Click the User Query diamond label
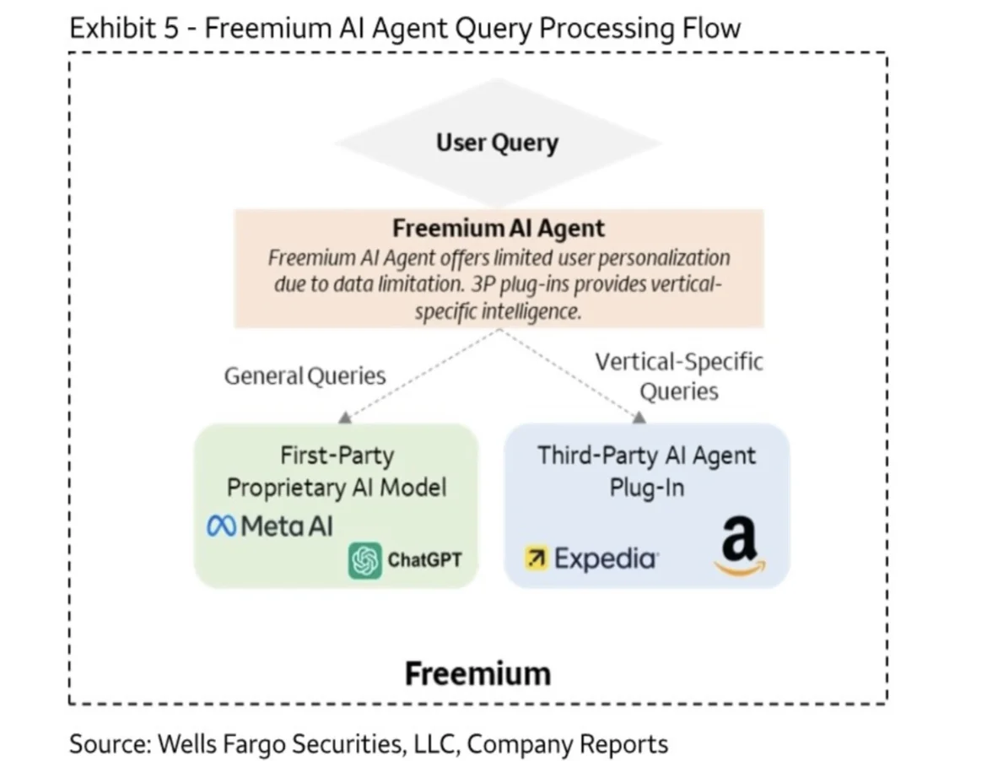pos(497,143)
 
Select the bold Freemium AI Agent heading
pos(498,229)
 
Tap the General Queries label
pos(305,375)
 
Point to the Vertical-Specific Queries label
pos(679,376)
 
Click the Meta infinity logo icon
pos(221,526)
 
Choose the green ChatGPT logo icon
pos(365,560)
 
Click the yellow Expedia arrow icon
pos(537,558)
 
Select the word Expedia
pos(606,559)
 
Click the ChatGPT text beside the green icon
pos(424,559)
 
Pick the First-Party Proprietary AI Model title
pos(337,471)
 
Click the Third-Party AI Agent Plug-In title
pos(646,471)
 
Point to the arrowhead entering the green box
pos(345,418)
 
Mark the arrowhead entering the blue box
pos(639,418)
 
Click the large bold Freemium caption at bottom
pos(477,673)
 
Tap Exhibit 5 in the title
pos(124,29)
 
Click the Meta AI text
pos(287,526)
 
